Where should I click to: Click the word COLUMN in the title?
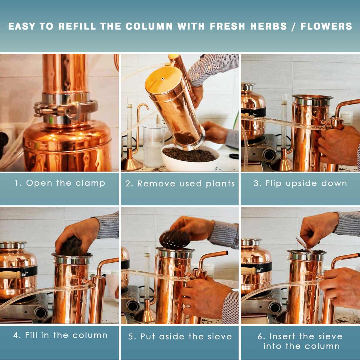pos(149,26)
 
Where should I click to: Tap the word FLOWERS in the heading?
pos(326,26)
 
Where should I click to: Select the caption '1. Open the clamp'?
pos(60,183)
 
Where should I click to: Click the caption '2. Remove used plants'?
pos(180,183)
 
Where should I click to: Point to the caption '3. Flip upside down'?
pos(300,183)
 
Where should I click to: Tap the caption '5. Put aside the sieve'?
pos(180,336)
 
